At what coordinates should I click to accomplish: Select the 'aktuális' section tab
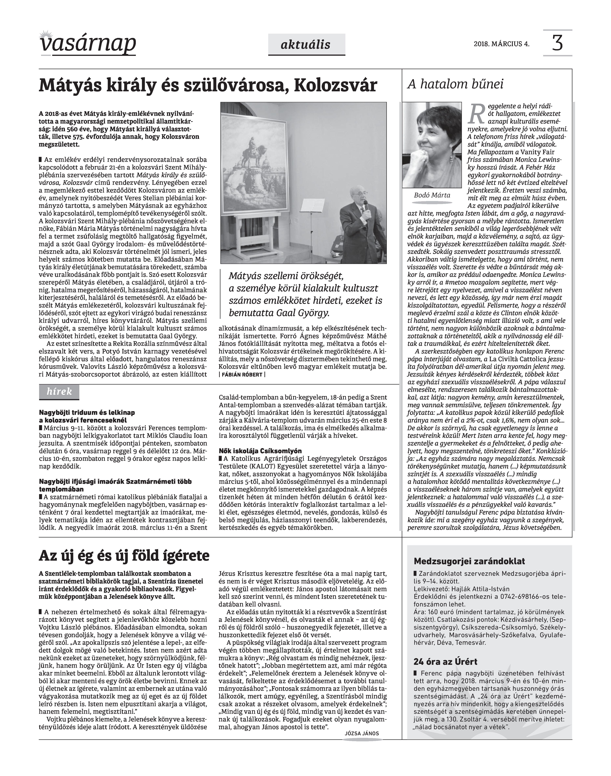(x=306, y=45)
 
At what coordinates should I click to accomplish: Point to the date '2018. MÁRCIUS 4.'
(x=501, y=44)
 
